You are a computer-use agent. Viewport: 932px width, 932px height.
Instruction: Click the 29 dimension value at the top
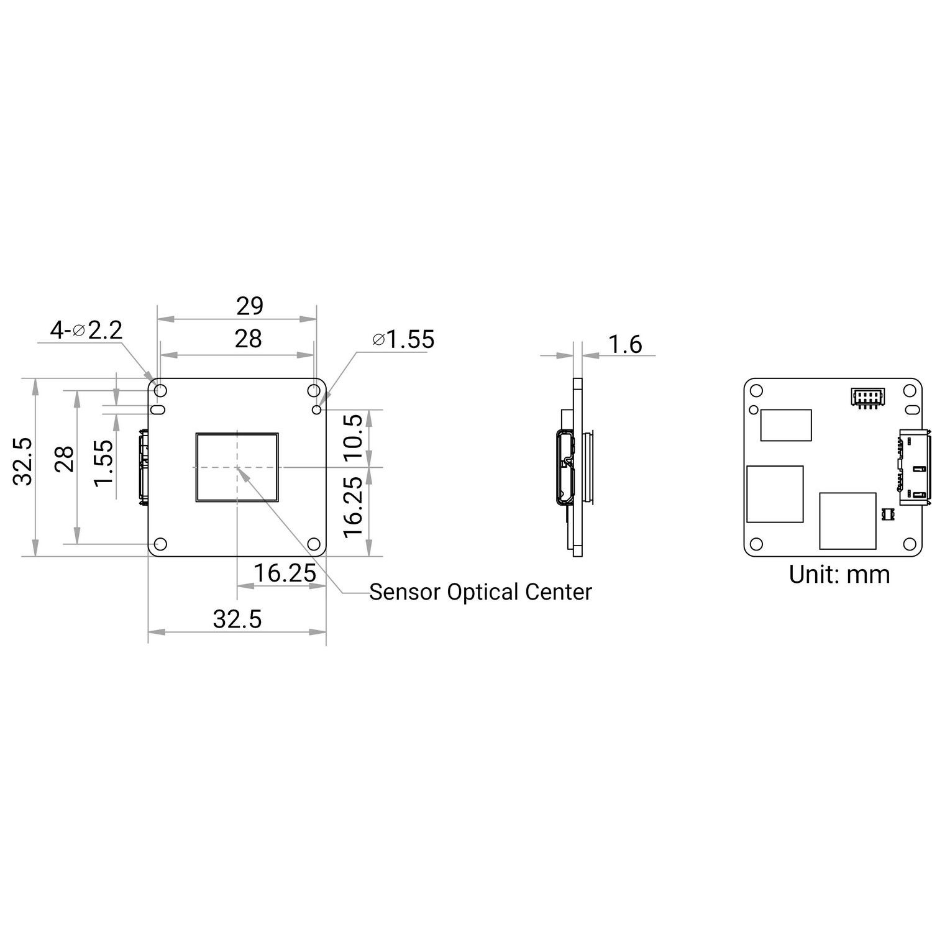pyautogui.click(x=249, y=306)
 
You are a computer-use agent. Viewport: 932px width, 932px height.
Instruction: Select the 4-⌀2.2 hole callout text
pyautogui.click(x=86, y=330)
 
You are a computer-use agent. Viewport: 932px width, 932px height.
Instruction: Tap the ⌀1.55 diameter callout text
pyautogui.click(x=403, y=339)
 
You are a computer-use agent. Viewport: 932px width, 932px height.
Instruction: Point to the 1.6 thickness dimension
pyautogui.click(x=625, y=344)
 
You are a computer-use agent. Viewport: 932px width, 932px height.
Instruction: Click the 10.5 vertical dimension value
pyautogui.click(x=352, y=437)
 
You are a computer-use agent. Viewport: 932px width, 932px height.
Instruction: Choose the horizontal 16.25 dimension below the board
pyautogui.click(x=285, y=573)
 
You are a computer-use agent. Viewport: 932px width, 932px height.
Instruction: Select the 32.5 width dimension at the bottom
pyautogui.click(x=237, y=619)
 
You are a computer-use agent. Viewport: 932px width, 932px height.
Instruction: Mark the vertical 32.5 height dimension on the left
pyautogui.click(x=24, y=460)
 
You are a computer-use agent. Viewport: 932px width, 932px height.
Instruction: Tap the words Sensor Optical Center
pyautogui.click(x=480, y=592)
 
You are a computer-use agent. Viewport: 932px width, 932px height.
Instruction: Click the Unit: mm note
pyautogui.click(x=839, y=574)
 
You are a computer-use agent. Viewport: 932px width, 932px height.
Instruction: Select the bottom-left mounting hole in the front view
pyautogui.click(x=160, y=544)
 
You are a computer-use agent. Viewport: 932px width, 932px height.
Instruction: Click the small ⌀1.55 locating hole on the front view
pyautogui.click(x=318, y=409)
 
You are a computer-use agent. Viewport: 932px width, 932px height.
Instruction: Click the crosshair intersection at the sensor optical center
pyautogui.click(x=237, y=467)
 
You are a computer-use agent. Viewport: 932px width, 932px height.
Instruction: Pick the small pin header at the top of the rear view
pyautogui.click(x=866, y=397)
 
